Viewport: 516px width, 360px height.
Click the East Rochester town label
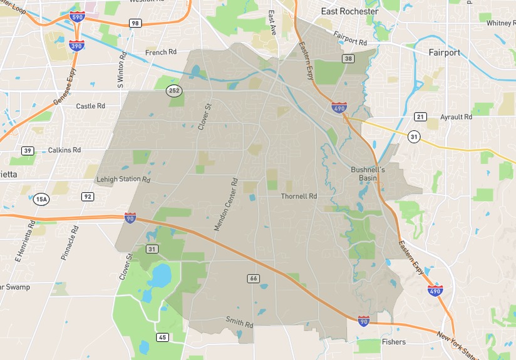349,11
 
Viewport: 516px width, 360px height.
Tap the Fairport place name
444,53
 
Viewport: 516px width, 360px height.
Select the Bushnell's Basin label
368,173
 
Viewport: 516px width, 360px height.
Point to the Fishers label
394,342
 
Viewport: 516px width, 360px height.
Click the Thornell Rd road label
299,196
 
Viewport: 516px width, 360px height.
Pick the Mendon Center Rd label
227,205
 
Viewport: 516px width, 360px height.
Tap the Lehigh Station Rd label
123,180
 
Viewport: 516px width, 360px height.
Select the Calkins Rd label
64,150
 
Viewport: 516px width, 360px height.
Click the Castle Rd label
90,106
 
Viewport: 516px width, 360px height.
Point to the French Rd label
161,53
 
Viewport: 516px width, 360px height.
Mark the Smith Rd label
239,322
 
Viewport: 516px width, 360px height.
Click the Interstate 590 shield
78,17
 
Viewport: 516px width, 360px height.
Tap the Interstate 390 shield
76,46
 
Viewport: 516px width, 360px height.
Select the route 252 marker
173,91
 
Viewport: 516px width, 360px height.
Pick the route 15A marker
41,199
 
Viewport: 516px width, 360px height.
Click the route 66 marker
253,278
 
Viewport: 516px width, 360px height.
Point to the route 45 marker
162,337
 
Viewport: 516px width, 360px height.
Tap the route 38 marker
349,59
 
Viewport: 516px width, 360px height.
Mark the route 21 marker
420,116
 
